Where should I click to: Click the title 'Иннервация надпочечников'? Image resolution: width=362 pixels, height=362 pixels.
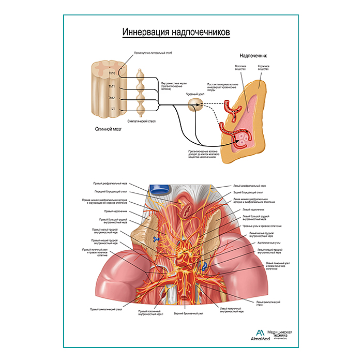tap(176, 33)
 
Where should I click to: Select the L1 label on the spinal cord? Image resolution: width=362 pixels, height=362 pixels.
tap(113, 109)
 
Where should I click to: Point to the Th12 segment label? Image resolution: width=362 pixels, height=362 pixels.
tap(112, 97)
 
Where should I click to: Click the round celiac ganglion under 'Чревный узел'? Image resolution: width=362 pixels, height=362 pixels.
tap(195, 105)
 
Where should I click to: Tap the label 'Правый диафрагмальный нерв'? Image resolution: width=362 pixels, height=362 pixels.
tap(110, 184)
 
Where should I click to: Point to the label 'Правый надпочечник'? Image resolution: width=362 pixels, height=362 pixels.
tap(114, 211)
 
